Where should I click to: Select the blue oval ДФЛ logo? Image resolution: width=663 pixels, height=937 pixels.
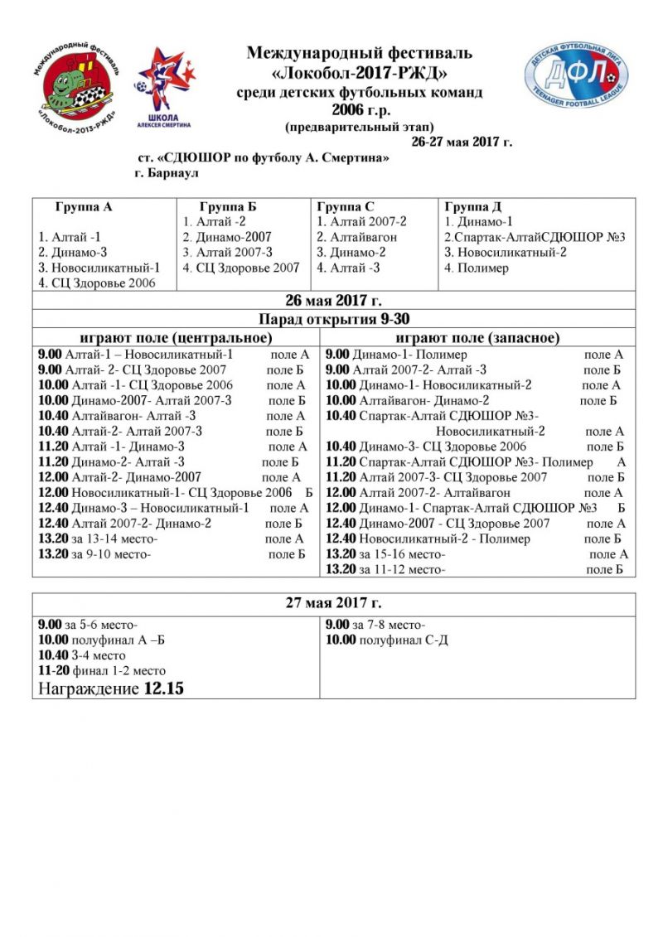(x=579, y=75)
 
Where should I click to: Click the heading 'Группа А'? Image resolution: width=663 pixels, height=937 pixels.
(x=84, y=207)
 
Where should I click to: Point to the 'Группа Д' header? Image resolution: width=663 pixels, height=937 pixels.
(x=473, y=207)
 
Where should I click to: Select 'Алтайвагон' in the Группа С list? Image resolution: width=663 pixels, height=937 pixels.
(x=357, y=237)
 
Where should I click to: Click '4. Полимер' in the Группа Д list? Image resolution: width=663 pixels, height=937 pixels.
(x=477, y=268)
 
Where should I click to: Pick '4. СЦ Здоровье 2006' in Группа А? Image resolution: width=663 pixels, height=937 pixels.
(x=97, y=283)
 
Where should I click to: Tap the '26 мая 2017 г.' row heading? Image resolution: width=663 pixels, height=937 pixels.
(x=334, y=300)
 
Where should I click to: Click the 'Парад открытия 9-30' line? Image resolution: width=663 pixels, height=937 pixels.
(x=334, y=319)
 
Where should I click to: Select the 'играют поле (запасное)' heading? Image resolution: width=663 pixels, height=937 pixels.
(x=477, y=337)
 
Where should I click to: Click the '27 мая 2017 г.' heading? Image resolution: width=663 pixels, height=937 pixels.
(x=334, y=602)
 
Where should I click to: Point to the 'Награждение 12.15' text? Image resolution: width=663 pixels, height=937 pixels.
(x=111, y=688)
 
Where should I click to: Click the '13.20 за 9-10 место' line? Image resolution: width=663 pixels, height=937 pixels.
(x=95, y=554)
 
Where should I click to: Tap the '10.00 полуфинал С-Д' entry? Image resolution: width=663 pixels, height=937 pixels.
(x=387, y=640)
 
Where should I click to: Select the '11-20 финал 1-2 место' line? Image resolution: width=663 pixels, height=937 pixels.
(x=102, y=670)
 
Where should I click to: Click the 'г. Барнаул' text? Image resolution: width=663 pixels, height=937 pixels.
(x=166, y=174)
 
